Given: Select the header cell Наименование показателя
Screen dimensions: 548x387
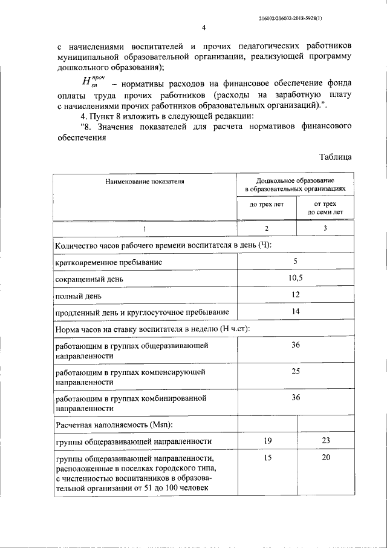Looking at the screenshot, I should (x=144, y=180).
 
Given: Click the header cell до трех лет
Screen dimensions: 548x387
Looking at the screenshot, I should (x=266, y=208).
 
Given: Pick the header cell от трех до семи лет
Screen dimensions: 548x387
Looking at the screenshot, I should (x=325, y=208).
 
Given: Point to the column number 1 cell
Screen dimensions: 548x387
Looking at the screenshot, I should (x=144, y=228).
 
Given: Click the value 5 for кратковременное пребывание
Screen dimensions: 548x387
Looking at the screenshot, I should (x=296, y=262).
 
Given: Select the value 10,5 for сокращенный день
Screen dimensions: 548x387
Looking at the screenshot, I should (x=296, y=278).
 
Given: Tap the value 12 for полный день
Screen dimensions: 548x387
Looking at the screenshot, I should (x=296, y=295).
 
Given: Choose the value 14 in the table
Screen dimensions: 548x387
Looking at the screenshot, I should (x=296, y=311).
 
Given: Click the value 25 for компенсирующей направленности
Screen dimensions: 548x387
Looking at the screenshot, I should (x=296, y=371).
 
